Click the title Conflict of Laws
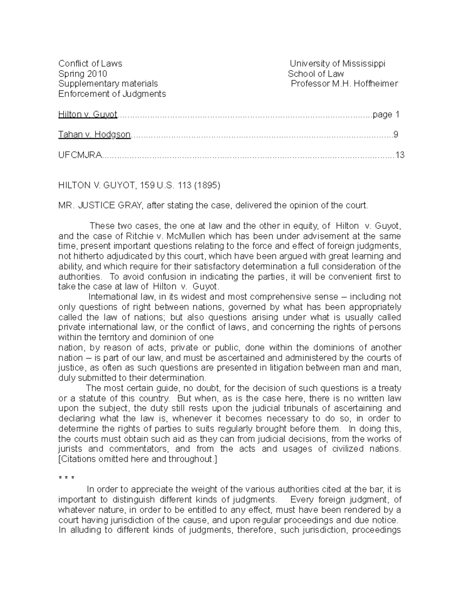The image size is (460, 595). (90, 64)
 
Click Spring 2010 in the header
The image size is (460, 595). (82, 74)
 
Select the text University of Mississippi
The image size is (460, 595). (337, 64)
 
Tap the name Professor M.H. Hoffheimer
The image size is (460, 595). (344, 84)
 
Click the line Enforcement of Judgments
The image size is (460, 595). (112, 94)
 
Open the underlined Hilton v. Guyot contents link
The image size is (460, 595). (87, 114)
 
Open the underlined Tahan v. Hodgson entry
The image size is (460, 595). (94, 134)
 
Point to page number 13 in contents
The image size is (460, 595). (400, 155)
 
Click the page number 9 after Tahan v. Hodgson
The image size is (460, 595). (396, 134)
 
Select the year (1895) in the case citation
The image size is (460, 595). (207, 185)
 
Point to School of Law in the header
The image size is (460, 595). (316, 74)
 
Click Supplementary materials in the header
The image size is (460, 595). (108, 84)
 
